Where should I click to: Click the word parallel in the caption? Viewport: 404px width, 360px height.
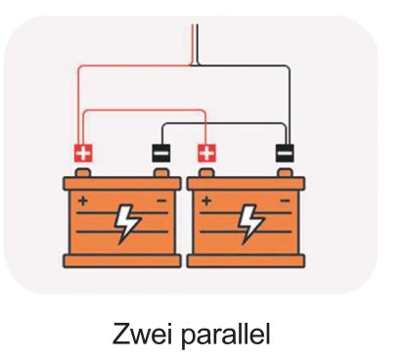225,335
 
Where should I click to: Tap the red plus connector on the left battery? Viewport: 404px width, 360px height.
83,153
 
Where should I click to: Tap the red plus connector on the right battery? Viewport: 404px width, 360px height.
206,153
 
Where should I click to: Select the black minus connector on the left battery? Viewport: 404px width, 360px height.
161,153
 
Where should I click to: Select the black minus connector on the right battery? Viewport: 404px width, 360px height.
285,153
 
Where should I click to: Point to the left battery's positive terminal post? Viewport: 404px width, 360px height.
83,173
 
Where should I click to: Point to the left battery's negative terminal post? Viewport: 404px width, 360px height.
161,173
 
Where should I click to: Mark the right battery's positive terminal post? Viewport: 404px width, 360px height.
206,173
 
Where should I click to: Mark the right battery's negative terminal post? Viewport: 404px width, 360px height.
285,173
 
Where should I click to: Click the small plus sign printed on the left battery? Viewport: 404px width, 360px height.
83,201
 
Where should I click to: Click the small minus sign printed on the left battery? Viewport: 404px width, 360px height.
161,201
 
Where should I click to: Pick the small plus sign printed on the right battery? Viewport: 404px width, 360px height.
206,201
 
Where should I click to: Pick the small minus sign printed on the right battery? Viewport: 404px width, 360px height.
286,201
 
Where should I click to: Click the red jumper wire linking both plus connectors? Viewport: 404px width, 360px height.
145,111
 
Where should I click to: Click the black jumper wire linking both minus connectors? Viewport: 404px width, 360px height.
224,123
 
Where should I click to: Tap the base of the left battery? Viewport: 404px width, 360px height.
122,261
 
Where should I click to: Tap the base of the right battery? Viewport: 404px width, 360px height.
246,261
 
